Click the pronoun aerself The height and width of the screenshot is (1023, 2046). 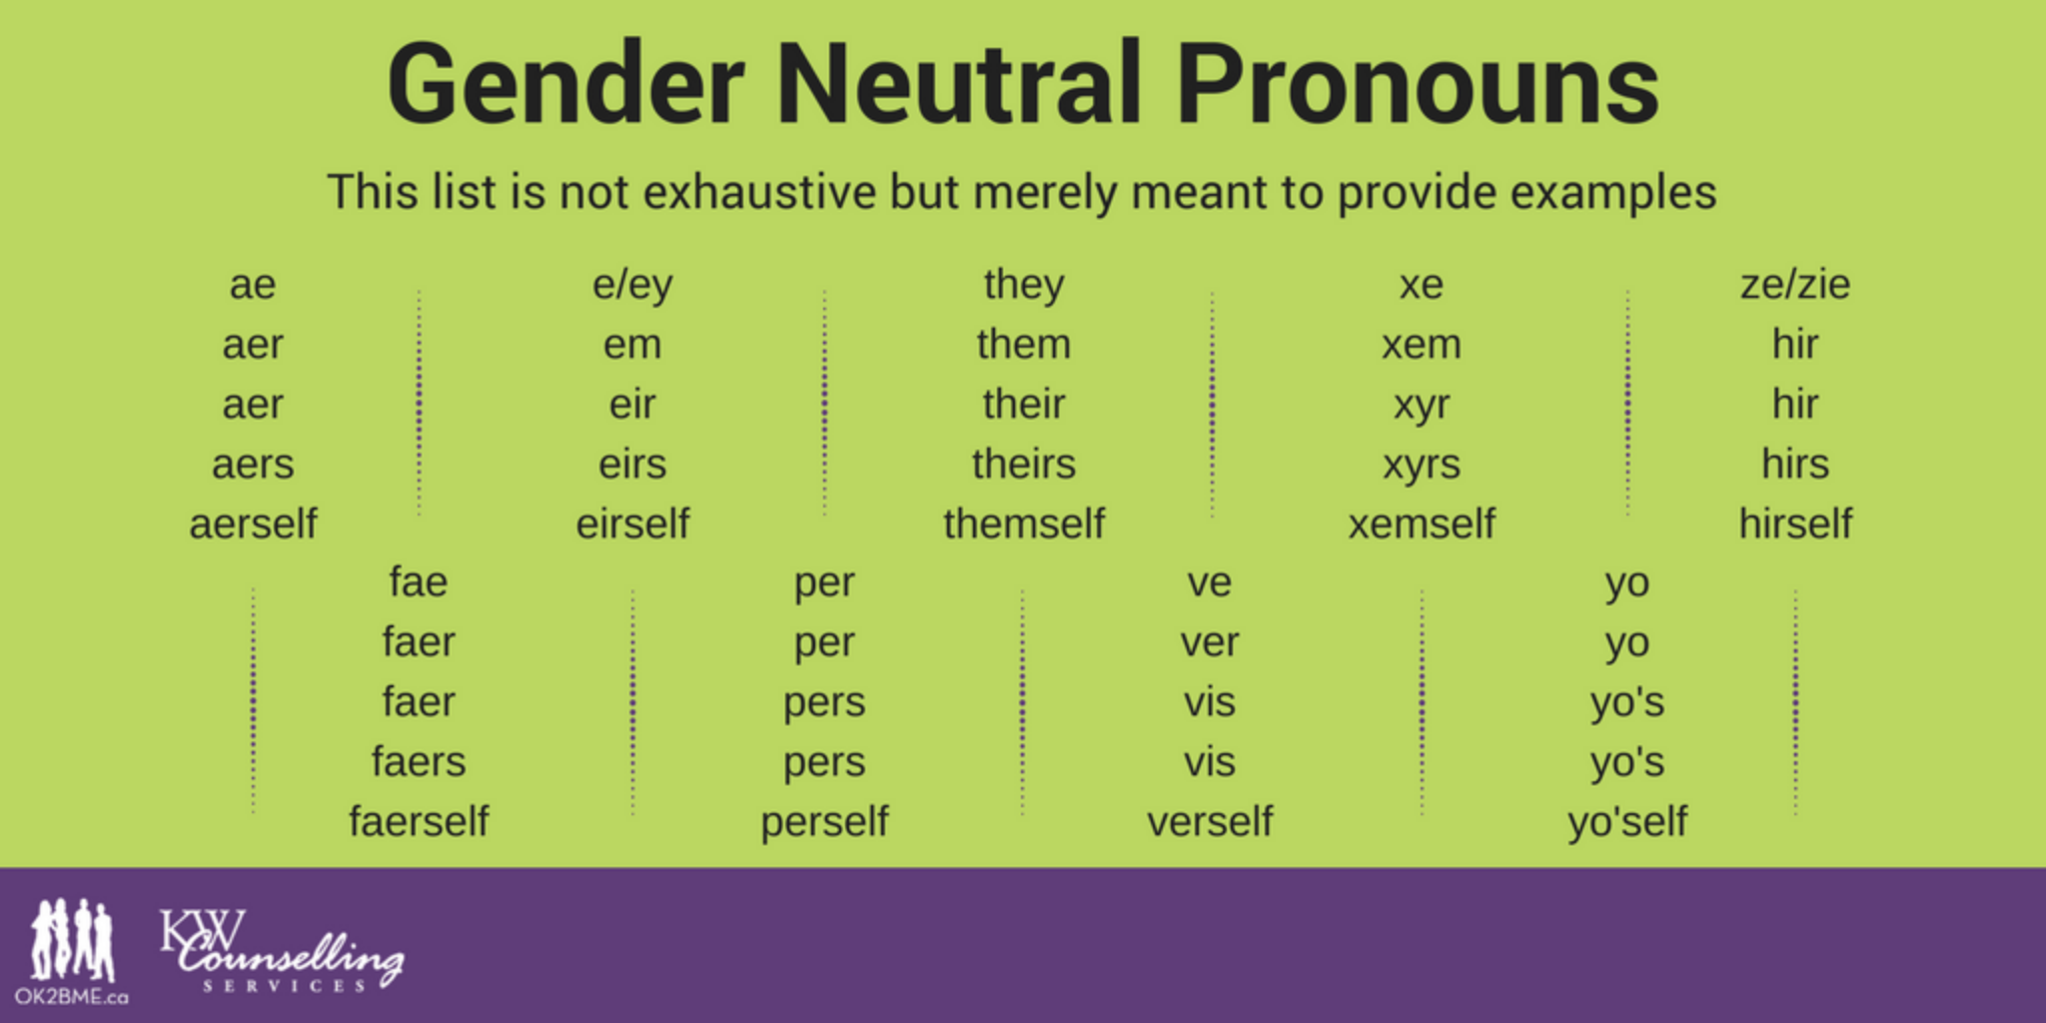[x=253, y=523]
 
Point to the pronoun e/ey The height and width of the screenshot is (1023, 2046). [x=632, y=286]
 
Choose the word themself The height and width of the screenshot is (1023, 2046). [x=1024, y=523]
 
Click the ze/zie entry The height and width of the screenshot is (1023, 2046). [x=1795, y=285]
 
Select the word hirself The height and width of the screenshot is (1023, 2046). [x=1795, y=523]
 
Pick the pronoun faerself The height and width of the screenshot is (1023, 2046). [x=419, y=821]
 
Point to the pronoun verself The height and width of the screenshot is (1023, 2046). [x=1210, y=821]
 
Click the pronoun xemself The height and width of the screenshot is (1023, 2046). [x=1422, y=523]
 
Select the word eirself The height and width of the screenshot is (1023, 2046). [x=632, y=523]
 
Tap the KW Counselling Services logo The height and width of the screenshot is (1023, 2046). [x=282, y=951]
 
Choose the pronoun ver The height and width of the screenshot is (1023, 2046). [x=1210, y=643]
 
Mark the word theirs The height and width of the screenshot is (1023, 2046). [x=1024, y=464]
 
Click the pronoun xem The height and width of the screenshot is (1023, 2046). [x=1422, y=346]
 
